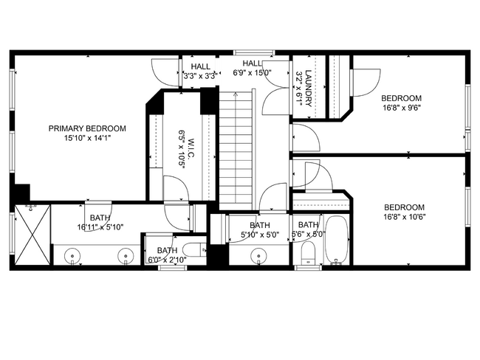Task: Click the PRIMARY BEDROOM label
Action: (87, 128)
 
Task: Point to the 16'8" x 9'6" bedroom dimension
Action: (401, 107)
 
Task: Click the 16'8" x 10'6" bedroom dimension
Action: (404, 216)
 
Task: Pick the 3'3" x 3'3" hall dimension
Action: (199, 75)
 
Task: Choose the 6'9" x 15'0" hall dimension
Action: (253, 73)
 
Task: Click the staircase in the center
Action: (236, 148)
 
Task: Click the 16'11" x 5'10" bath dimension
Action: (100, 227)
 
